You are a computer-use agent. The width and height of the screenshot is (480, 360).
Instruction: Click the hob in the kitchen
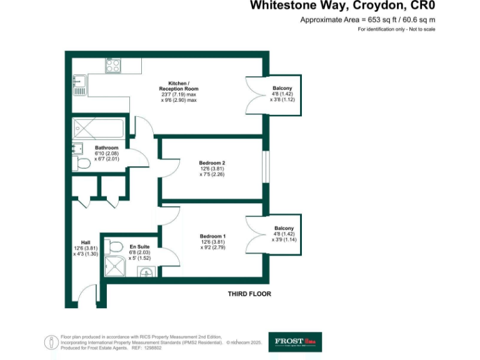[113, 66]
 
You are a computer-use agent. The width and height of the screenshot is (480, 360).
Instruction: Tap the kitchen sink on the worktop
[79, 85]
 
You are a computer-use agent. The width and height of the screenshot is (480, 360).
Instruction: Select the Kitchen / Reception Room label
[178, 91]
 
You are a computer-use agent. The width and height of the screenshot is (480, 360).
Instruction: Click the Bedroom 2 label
[212, 164]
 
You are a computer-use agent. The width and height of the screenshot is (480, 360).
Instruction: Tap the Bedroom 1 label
[212, 236]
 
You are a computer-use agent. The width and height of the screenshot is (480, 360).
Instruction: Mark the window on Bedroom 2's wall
[266, 168]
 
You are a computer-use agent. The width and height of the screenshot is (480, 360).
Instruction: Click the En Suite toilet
[112, 246]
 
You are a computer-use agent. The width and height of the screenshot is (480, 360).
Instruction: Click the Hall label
[86, 243]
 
